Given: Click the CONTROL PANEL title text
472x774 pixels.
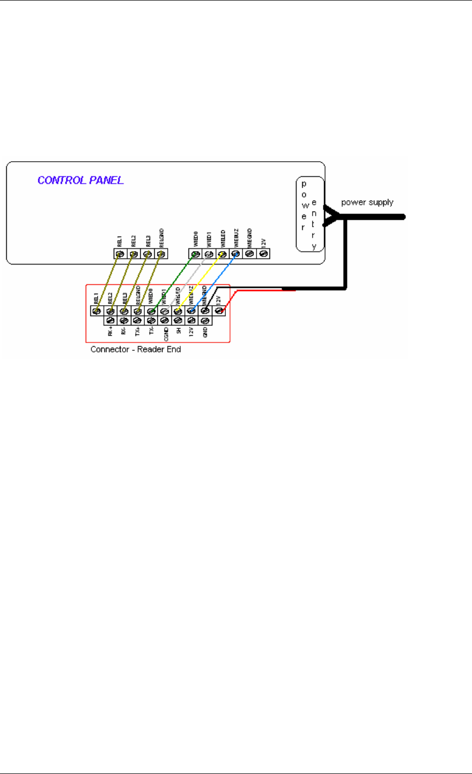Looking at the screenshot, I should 80,180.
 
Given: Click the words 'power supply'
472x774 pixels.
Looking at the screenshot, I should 367,202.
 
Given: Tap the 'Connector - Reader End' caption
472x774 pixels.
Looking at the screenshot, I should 136,349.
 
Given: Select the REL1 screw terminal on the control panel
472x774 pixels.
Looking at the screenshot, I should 119,254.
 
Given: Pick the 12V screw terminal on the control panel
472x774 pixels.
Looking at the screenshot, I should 263,254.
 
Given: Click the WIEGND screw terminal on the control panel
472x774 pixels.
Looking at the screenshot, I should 249,254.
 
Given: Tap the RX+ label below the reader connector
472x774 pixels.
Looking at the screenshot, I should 110,332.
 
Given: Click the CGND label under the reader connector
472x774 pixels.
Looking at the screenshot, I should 166,333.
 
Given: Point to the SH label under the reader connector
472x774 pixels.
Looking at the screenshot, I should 178,330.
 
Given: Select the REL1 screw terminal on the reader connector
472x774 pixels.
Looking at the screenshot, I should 96,311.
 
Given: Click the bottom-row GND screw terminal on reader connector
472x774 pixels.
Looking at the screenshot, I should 205,321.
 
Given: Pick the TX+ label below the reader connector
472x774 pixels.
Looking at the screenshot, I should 138,332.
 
